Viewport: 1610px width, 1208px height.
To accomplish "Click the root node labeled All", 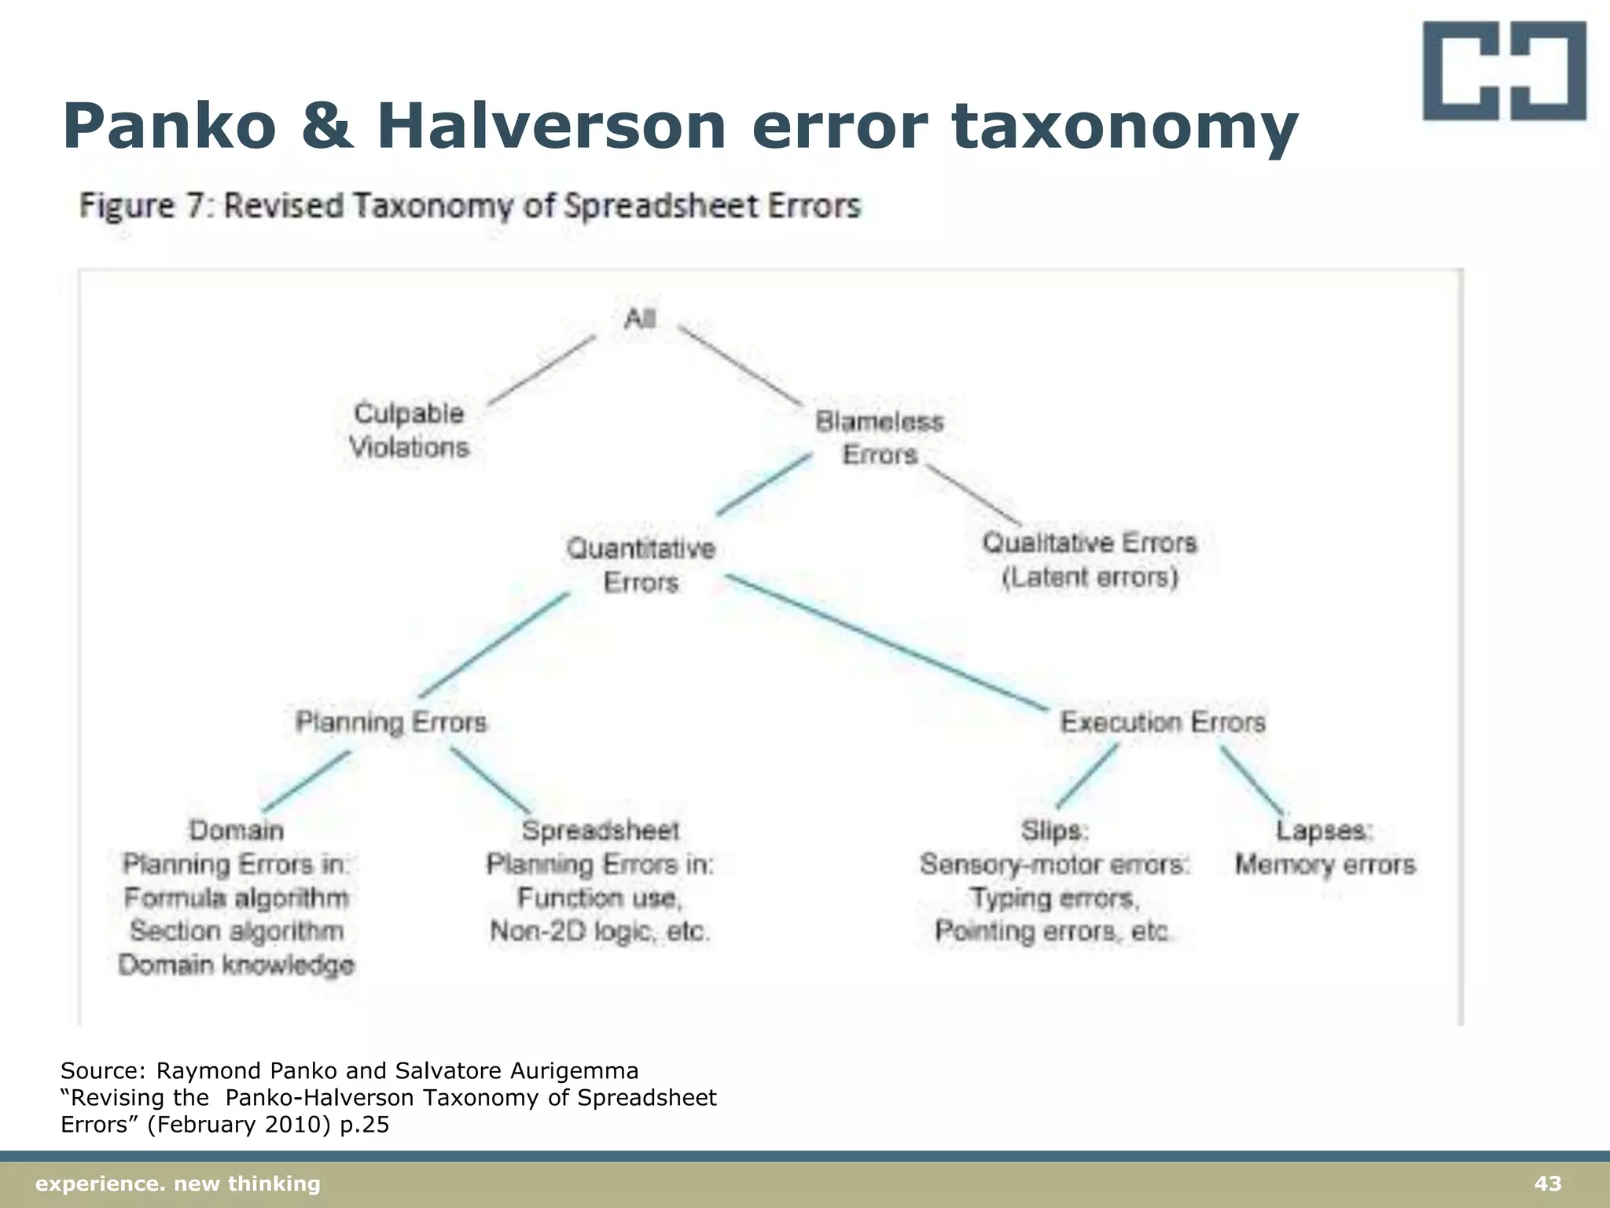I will pos(640,319).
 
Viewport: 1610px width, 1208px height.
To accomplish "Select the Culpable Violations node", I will pos(409,430).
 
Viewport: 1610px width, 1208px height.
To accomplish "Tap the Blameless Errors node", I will pos(880,438).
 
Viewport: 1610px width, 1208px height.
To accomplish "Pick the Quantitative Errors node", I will pos(641,565).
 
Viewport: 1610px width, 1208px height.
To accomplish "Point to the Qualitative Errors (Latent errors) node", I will pos(1090,560).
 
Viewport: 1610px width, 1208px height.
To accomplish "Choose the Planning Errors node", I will pos(391,722).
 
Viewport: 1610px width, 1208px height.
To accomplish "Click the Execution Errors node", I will pos(1163,722).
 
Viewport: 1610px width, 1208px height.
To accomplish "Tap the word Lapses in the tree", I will pos(1324,830).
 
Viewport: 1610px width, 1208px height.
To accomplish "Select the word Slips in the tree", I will pos(1054,830).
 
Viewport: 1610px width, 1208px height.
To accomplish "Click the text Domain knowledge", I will pos(237,965).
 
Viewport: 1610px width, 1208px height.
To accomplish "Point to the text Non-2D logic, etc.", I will pos(600,931).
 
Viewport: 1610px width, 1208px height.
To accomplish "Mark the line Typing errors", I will pos(1054,898).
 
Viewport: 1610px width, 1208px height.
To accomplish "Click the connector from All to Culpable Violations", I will pos(541,370).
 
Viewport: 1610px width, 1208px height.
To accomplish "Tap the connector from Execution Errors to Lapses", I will pos(1252,779).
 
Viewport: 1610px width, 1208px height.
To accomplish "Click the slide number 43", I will pos(1548,1184).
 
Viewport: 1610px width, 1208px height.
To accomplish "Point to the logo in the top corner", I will pos(1504,71).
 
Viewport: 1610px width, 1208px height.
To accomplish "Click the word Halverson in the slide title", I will pos(551,127).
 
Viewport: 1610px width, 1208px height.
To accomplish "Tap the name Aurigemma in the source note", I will pos(575,1071).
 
